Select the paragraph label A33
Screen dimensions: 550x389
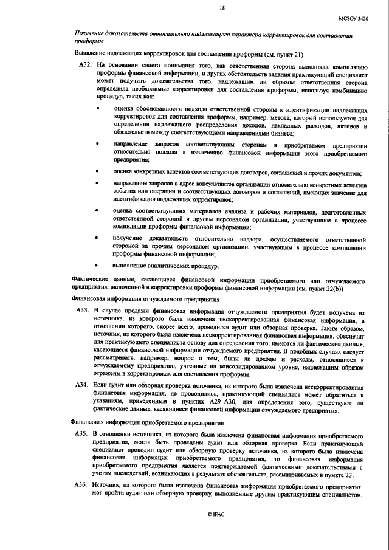82,310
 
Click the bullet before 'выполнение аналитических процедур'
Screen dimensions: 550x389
99,266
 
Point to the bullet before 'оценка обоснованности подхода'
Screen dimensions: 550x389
99,108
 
